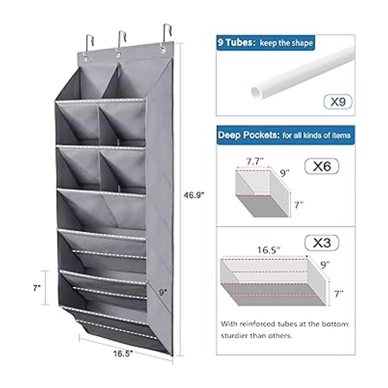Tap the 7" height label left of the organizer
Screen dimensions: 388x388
point(37,288)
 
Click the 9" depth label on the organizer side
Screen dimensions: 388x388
point(163,292)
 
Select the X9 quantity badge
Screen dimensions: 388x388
point(338,102)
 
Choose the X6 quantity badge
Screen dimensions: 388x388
point(322,166)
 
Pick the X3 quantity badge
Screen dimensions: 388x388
point(322,243)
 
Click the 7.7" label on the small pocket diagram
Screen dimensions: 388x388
point(255,162)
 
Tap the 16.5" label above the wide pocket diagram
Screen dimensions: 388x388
point(269,251)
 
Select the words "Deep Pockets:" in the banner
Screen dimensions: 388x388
point(249,135)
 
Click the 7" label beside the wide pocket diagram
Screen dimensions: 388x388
point(339,294)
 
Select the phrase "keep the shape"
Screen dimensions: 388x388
point(286,43)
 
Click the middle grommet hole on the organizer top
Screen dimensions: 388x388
point(118,54)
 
